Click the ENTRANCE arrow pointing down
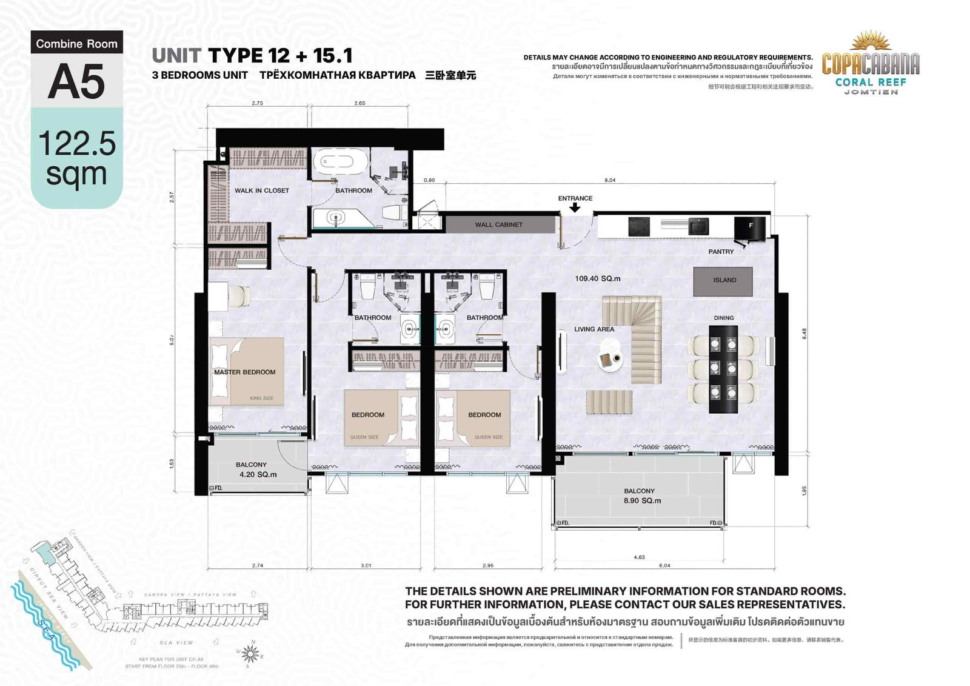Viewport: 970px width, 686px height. point(575,207)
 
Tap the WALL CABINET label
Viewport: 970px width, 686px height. point(498,224)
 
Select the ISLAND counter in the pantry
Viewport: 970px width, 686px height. point(723,280)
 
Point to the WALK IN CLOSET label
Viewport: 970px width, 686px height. point(262,190)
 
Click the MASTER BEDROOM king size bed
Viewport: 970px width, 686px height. point(246,372)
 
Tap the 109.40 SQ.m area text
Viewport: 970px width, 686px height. point(597,278)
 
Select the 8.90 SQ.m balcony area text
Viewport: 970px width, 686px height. point(642,500)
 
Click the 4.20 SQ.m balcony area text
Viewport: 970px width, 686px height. point(258,474)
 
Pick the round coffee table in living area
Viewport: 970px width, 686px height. point(609,360)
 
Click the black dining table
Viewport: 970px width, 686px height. point(723,369)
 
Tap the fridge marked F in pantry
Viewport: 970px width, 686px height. point(750,227)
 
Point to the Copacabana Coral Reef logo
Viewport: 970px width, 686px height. point(870,64)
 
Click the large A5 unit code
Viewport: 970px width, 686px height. point(76,81)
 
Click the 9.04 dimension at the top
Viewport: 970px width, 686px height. point(610,180)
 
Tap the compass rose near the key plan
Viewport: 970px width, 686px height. point(250,653)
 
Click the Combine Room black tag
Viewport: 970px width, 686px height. point(76,43)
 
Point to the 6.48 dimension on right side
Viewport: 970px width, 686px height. point(804,334)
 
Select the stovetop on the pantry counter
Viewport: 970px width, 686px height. point(639,226)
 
